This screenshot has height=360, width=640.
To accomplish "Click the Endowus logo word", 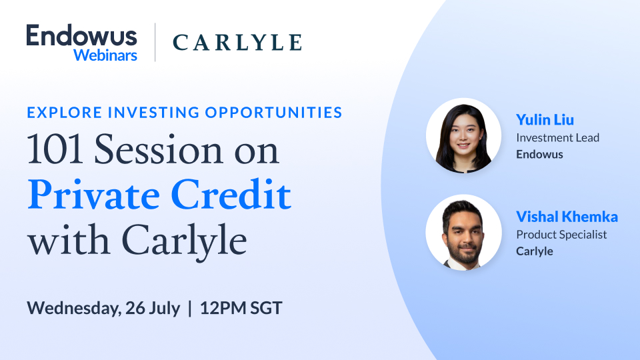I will tap(81, 35).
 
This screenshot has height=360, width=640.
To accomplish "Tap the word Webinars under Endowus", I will tap(105, 55).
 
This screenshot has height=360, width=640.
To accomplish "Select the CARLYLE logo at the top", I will tap(237, 43).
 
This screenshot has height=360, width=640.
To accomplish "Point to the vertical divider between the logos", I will tap(155, 43).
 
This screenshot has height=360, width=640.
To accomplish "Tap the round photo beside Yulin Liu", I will tap(463, 137).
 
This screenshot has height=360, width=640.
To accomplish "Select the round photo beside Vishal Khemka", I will tap(463, 232).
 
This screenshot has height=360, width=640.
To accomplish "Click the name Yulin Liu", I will tap(545, 120).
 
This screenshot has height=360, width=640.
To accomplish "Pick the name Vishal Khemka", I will tap(567, 217).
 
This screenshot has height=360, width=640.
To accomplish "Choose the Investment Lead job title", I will tap(557, 138).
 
